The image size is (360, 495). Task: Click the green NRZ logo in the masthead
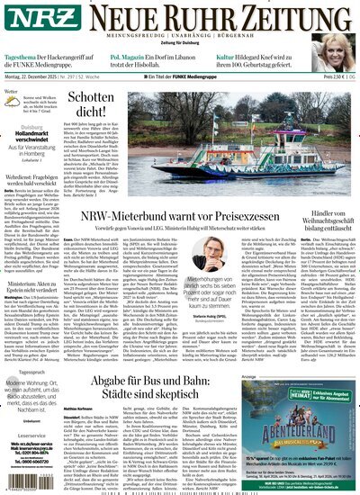tap(28, 21)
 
